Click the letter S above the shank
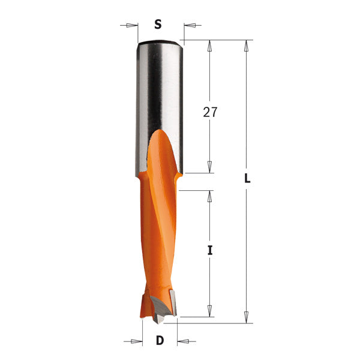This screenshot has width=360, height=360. coord(158,25)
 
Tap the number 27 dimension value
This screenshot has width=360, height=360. coord(210,112)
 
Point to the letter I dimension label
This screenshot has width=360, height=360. coord(210,251)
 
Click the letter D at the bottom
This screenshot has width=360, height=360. coord(160,341)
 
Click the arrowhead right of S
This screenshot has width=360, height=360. coord(188,25)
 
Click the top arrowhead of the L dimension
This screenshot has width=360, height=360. coord(246,45)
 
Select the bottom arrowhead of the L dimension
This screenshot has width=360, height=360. coord(246,317)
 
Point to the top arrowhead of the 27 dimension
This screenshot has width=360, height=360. coord(210,46)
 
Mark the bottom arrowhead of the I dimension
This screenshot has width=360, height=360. coord(210,311)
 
